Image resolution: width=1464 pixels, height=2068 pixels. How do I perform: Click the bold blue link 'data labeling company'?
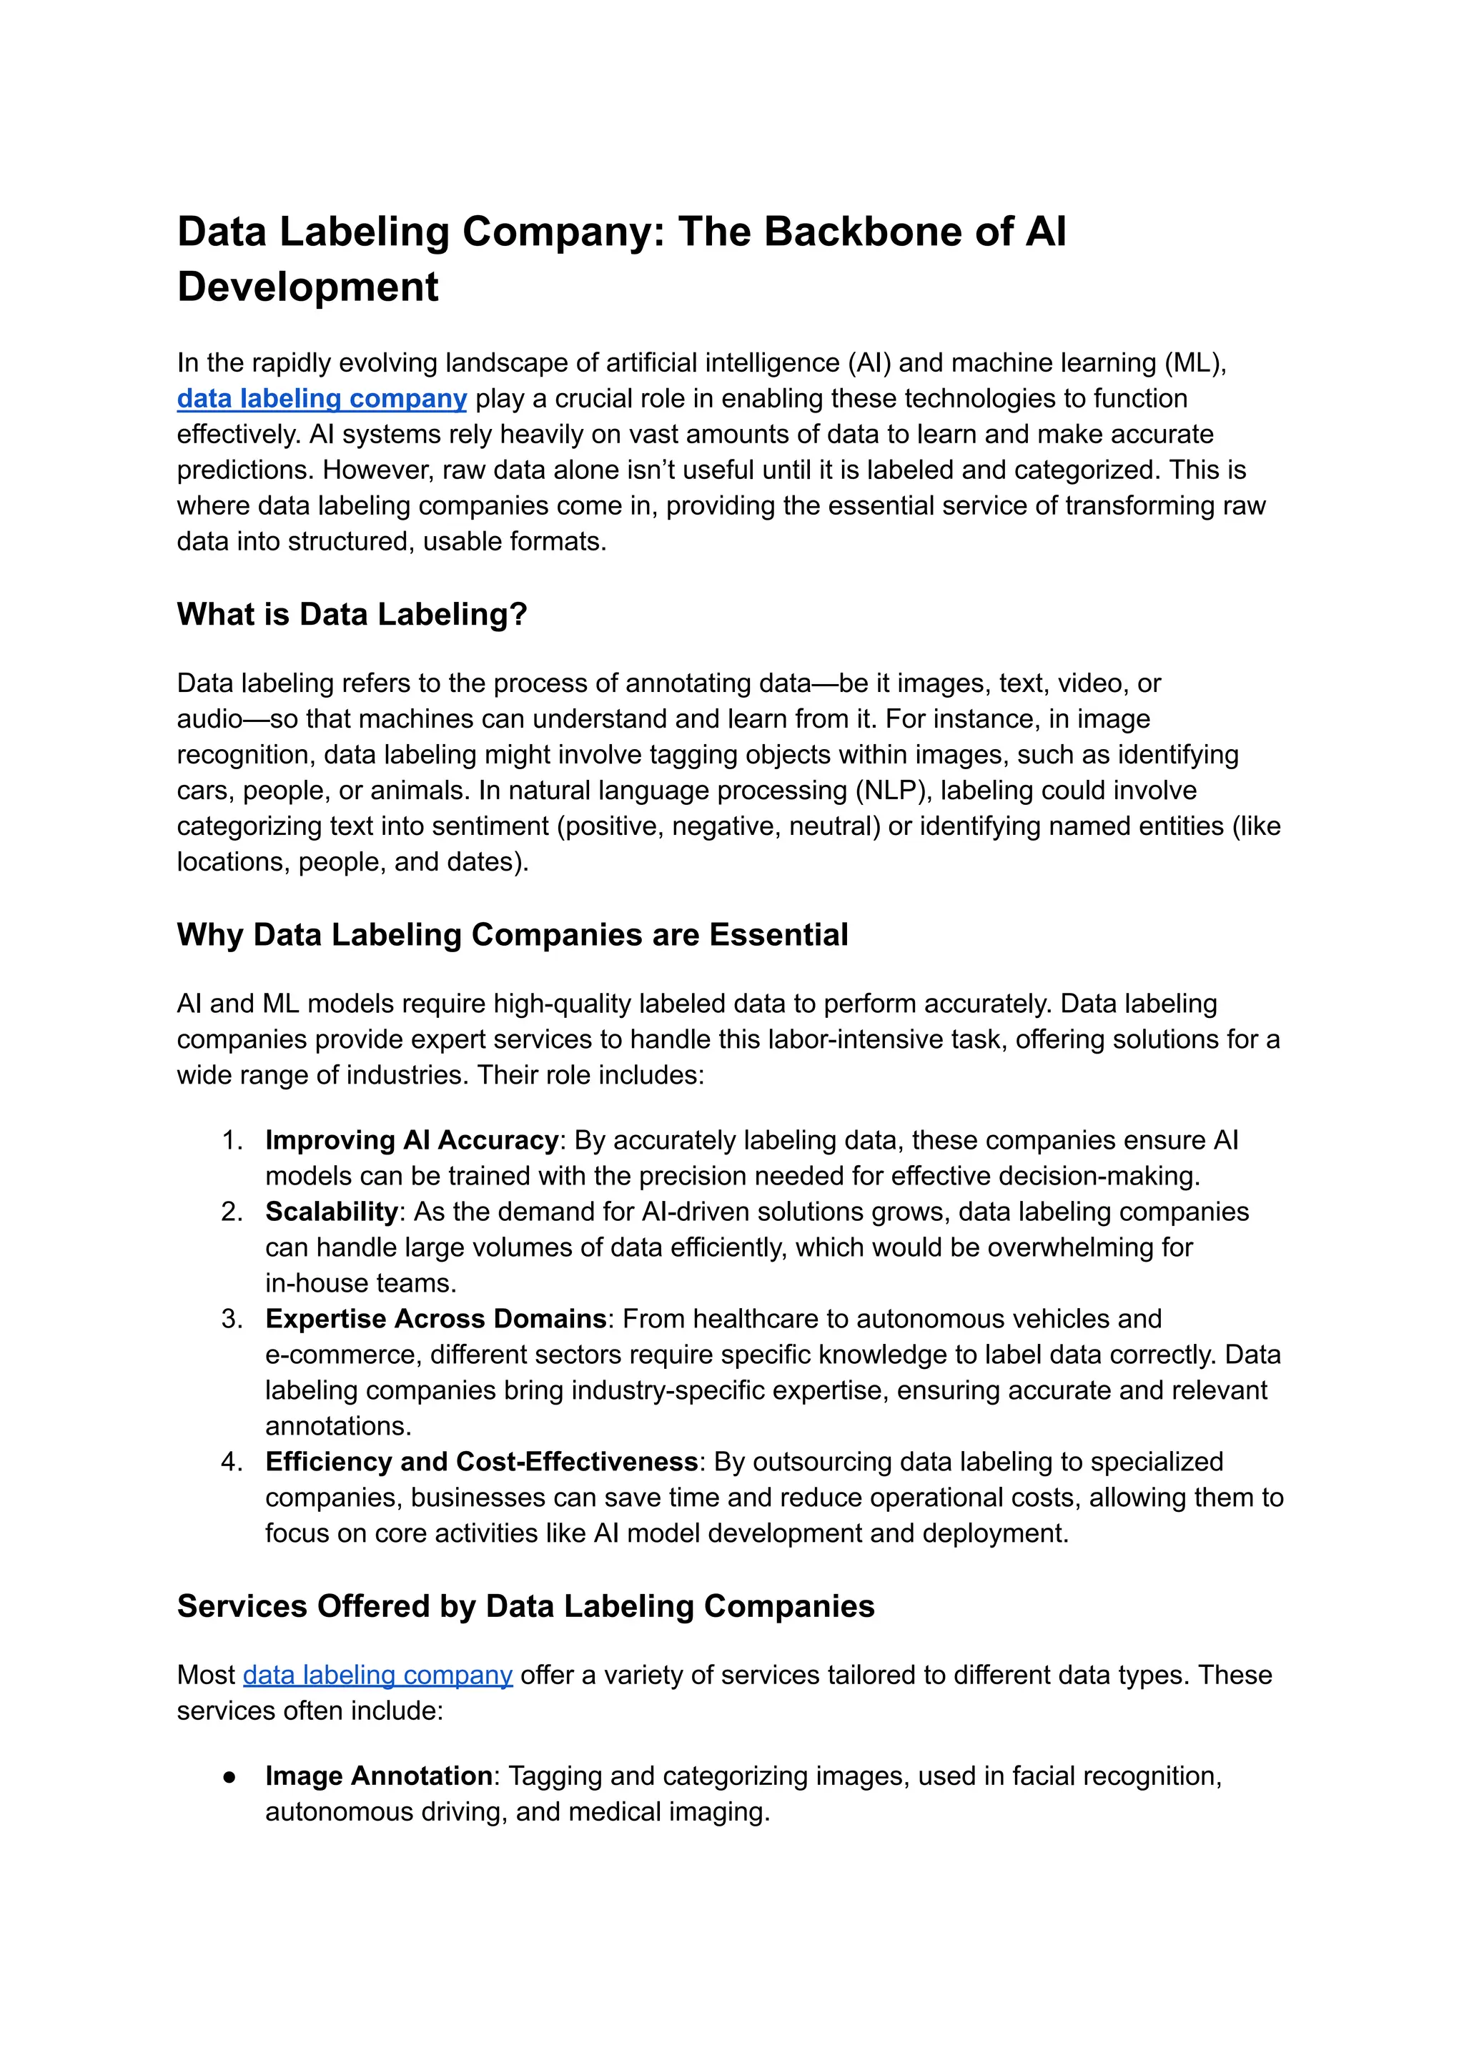pos(321,398)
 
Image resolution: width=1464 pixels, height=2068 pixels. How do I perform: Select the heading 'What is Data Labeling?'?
pos(352,614)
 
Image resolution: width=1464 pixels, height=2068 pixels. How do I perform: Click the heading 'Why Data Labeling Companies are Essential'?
pos(512,935)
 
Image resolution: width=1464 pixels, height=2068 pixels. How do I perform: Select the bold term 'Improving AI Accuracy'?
pos(411,1140)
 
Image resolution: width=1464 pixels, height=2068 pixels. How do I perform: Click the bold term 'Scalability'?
pos(331,1212)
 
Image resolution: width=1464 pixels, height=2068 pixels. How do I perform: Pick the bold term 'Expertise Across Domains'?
pos(435,1319)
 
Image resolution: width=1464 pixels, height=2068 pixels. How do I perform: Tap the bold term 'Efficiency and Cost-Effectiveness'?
pos(481,1461)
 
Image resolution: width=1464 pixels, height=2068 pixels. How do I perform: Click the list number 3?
pos(232,1319)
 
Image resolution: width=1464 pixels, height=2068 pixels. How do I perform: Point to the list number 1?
pos(232,1140)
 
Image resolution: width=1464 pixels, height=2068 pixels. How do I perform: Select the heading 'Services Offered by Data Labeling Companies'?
pos(525,1606)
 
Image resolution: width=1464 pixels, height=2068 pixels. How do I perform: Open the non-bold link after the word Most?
pos(377,1675)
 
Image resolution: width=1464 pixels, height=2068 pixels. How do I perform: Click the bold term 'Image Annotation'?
pos(379,1776)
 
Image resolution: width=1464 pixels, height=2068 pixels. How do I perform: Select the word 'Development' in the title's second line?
pos(307,287)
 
